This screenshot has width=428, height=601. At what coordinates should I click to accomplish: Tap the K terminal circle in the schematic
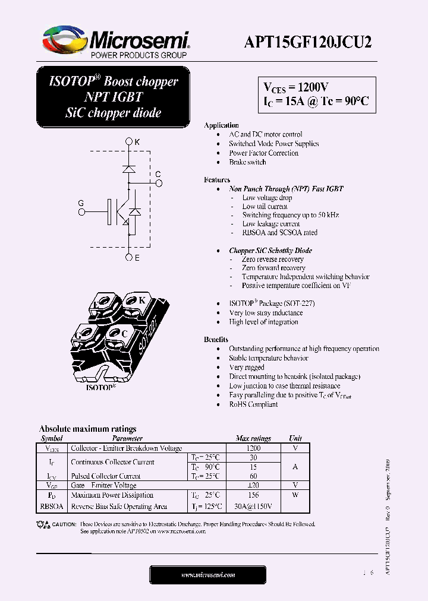pos(129,142)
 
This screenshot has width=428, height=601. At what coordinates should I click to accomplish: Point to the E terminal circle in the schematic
pos(129,257)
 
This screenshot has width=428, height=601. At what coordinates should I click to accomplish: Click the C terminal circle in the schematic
pos(158,183)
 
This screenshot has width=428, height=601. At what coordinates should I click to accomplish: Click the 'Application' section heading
pos(221,125)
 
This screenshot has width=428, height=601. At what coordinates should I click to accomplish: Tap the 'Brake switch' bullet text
pos(247,162)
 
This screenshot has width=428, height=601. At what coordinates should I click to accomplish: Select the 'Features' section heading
pos(217,180)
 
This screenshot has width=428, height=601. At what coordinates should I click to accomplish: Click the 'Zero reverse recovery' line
pos(272,260)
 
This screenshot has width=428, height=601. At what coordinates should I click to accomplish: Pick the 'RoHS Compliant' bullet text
pos(253,404)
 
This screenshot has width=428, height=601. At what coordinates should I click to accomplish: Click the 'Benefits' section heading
pos(216,340)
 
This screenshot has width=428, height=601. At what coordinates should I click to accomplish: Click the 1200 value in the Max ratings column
pos(253,448)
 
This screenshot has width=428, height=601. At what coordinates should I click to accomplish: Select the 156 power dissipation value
pos(253,495)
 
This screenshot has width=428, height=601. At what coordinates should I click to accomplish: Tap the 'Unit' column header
pos(295,438)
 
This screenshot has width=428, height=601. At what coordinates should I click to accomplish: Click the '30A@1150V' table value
pos(253,507)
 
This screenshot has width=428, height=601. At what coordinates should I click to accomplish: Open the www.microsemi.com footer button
pos(207,575)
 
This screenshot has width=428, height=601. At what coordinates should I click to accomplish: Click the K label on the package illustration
pos(142,300)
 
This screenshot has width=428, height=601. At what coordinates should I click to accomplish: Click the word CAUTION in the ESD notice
pos(64,524)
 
